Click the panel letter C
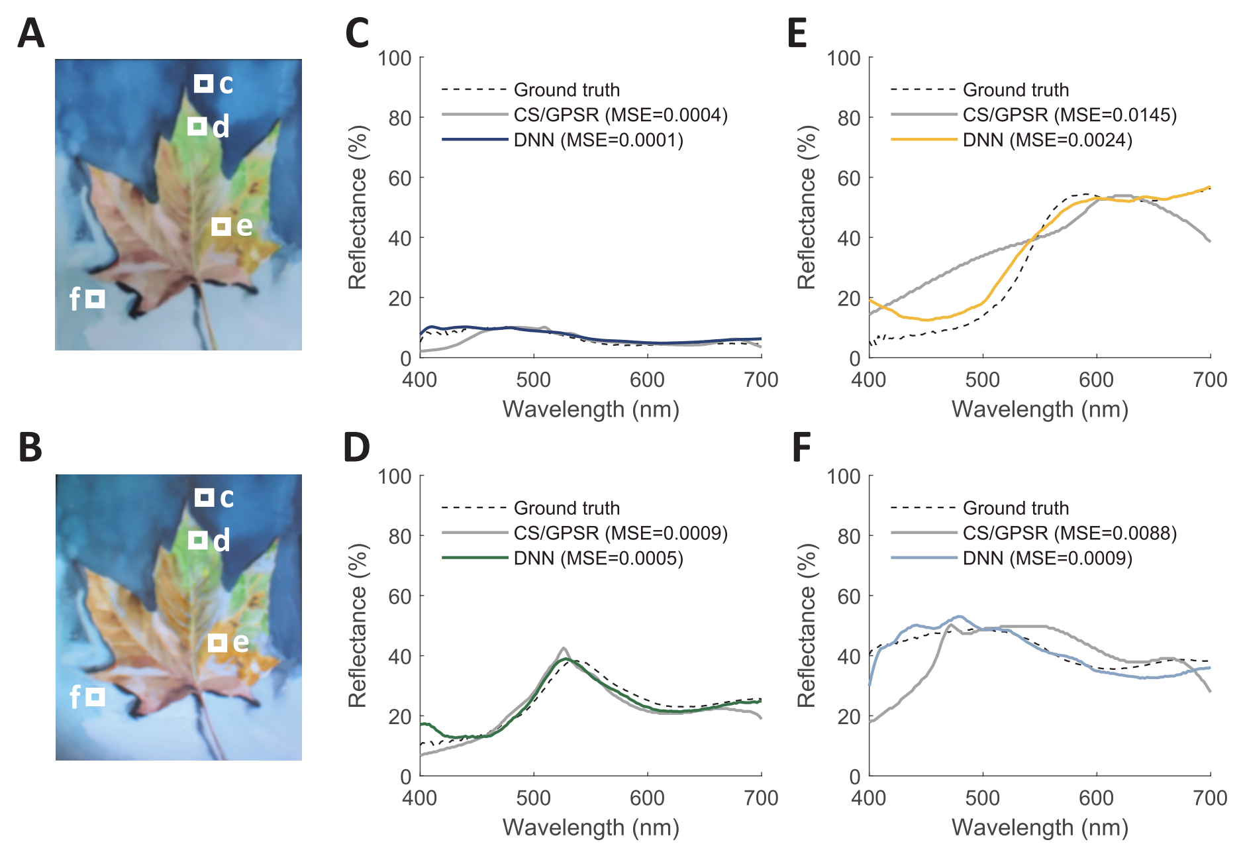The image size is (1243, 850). pos(357,34)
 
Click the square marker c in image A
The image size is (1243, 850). pos(204,83)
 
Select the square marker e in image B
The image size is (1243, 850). pos(217,643)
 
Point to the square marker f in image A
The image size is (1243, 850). pos(95,299)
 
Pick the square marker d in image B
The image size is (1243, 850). pos(197,541)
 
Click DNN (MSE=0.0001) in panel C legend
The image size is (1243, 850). pos(598,140)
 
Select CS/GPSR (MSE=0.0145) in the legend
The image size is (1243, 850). pos(1069,115)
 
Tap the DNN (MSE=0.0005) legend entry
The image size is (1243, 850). pos(598,558)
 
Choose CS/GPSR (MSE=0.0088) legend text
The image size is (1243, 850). pos(1069,533)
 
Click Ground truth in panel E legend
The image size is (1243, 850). pos(1015,90)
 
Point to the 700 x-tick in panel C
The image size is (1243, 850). pos(761,380)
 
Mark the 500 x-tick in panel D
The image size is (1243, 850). pos(533,798)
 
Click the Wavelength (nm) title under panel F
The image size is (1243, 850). pos(1040,827)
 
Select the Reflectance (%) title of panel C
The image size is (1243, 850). pos(358,207)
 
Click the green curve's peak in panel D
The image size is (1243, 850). pos(564,659)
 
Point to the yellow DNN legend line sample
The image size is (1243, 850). pos(923,140)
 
